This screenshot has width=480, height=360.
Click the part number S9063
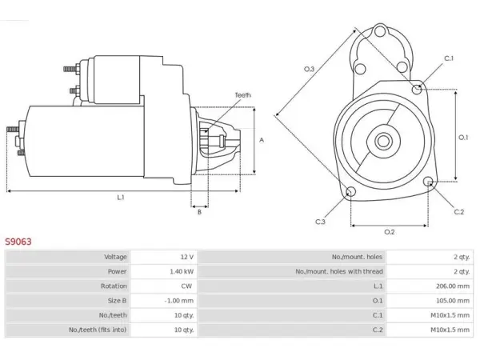tap(18, 242)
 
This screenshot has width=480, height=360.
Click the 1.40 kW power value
tap(182, 271)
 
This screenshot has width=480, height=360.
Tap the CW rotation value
tap(186, 286)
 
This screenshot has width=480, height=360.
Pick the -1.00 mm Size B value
tap(179, 301)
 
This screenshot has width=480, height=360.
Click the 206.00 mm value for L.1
tap(453, 286)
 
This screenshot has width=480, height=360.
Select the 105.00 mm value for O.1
tap(453, 301)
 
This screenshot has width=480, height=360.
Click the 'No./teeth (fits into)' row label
tap(98, 330)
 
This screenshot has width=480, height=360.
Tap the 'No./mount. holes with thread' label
tap(339, 271)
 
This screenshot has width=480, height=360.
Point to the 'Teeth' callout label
tap(242, 95)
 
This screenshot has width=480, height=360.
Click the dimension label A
tap(262, 140)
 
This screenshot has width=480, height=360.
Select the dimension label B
tap(199, 212)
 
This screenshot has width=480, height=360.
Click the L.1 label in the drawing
tap(121, 198)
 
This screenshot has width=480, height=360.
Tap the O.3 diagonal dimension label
tap(309, 69)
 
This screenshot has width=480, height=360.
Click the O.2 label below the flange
tap(390, 232)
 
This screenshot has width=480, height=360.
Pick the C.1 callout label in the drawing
tap(449, 58)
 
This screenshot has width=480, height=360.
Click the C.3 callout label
tap(320, 222)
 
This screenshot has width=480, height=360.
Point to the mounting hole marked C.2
tap(428, 182)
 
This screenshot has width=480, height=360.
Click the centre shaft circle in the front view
tap(383, 141)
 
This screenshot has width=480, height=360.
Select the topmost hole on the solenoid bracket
tap(379, 31)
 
